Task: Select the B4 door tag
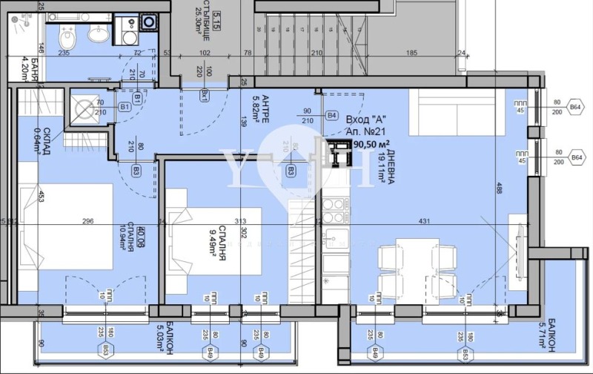(332, 116)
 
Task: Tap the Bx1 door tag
(204, 94)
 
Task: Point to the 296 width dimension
(87, 220)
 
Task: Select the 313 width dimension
(239, 220)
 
